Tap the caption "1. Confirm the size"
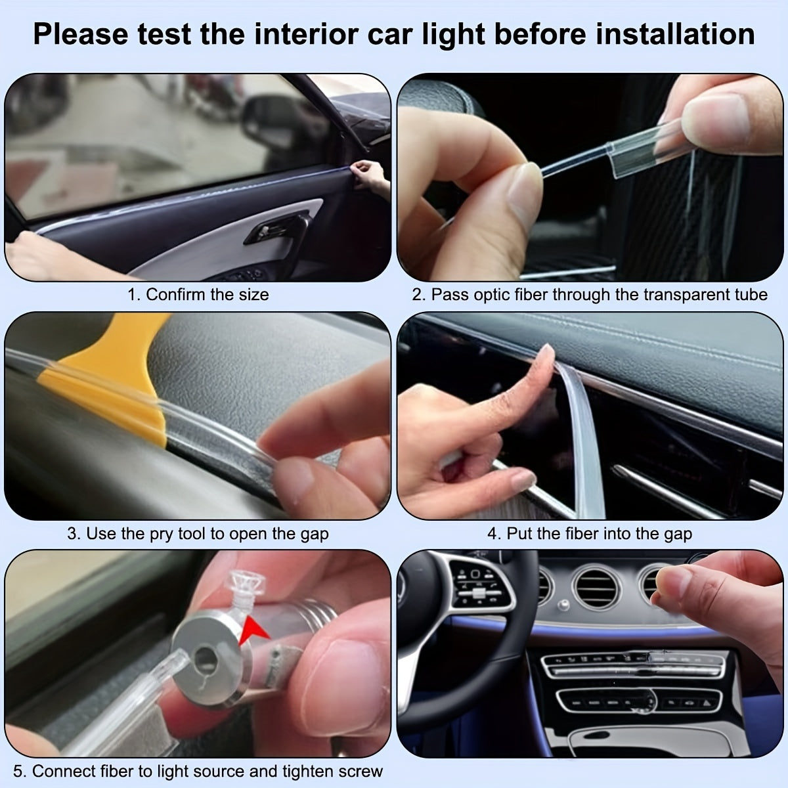coord(198,295)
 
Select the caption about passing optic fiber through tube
coord(589,295)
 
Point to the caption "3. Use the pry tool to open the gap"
coord(198,533)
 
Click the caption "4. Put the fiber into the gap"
coord(589,533)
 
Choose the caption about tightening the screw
coord(198,771)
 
